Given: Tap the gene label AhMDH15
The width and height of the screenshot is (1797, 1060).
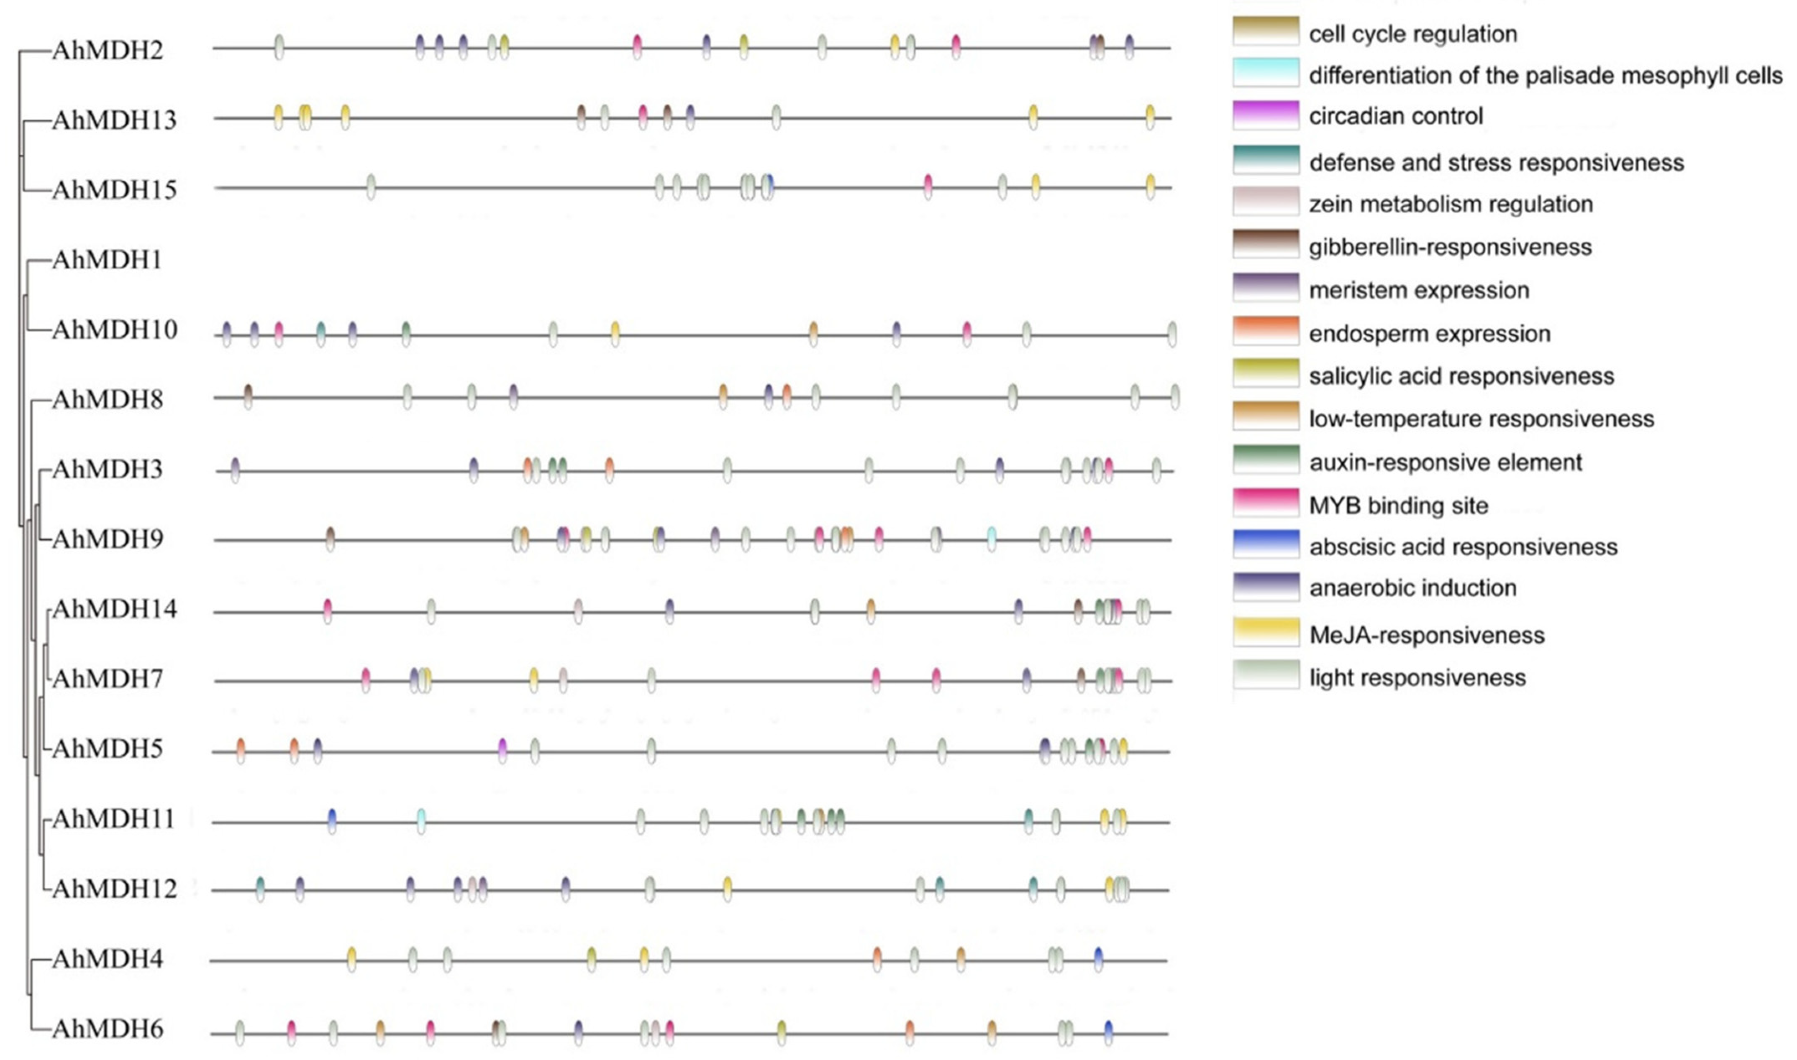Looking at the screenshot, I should pos(114,190).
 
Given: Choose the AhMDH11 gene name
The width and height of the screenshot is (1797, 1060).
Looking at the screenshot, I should pos(114,819).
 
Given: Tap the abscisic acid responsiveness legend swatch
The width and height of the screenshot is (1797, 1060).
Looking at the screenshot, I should pos(1265,545).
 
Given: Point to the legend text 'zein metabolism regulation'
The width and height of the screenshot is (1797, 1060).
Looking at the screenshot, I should pos(1451,204).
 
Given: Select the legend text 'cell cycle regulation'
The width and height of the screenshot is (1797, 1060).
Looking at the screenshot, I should pos(1412,33).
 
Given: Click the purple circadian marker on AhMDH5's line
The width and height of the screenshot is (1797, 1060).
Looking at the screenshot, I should pos(502,750).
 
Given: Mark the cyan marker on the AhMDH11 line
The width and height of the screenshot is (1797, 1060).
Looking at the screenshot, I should pos(421,821).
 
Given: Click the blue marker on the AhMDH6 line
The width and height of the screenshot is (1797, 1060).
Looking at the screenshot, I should pos(1108,1032).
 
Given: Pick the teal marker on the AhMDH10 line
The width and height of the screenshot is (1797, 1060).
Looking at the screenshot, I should pos(321,333).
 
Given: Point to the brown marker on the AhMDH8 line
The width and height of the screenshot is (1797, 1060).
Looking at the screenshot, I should pos(248,396).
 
